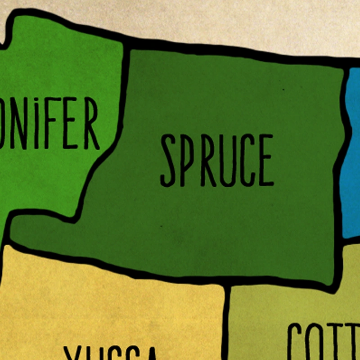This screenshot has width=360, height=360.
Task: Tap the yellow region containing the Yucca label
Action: tap(112, 306)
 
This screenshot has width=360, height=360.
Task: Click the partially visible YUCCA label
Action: tap(110, 353)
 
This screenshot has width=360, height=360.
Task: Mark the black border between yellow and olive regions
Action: tap(227, 324)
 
